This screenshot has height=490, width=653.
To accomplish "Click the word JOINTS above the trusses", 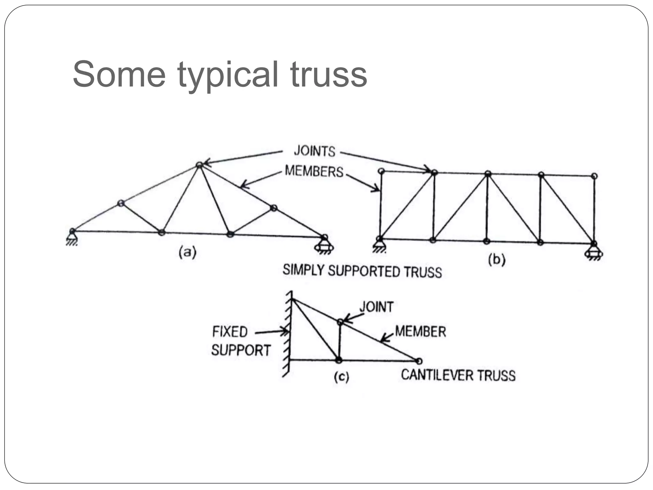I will click(x=314, y=151).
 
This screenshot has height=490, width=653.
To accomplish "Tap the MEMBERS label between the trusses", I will click(x=314, y=171).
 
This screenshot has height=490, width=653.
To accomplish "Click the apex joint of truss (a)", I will click(x=199, y=165).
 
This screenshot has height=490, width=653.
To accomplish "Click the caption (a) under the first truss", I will click(x=187, y=252).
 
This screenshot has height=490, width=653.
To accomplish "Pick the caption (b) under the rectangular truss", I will click(x=497, y=260).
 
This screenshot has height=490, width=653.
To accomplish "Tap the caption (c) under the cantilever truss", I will click(x=341, y=377).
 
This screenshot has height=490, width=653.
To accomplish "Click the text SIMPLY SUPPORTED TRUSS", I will click(x=362, y=271).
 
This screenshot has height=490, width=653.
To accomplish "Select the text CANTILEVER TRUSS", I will click(x=458, y=375).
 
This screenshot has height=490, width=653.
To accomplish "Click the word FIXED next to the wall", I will click(x=230, y=332).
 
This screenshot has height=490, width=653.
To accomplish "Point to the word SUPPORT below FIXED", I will click(x=241, y=350).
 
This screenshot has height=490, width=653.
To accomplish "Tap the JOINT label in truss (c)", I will click(x=376, y=307).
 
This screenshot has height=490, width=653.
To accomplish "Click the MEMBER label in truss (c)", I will click(x=420, y=331).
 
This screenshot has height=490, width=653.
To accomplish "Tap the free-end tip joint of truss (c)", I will click(x=419, y=361).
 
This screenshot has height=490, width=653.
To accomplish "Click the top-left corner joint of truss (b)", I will click(x=381, y=171).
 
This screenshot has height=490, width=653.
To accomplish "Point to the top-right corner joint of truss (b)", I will click(x=594, y=176).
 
